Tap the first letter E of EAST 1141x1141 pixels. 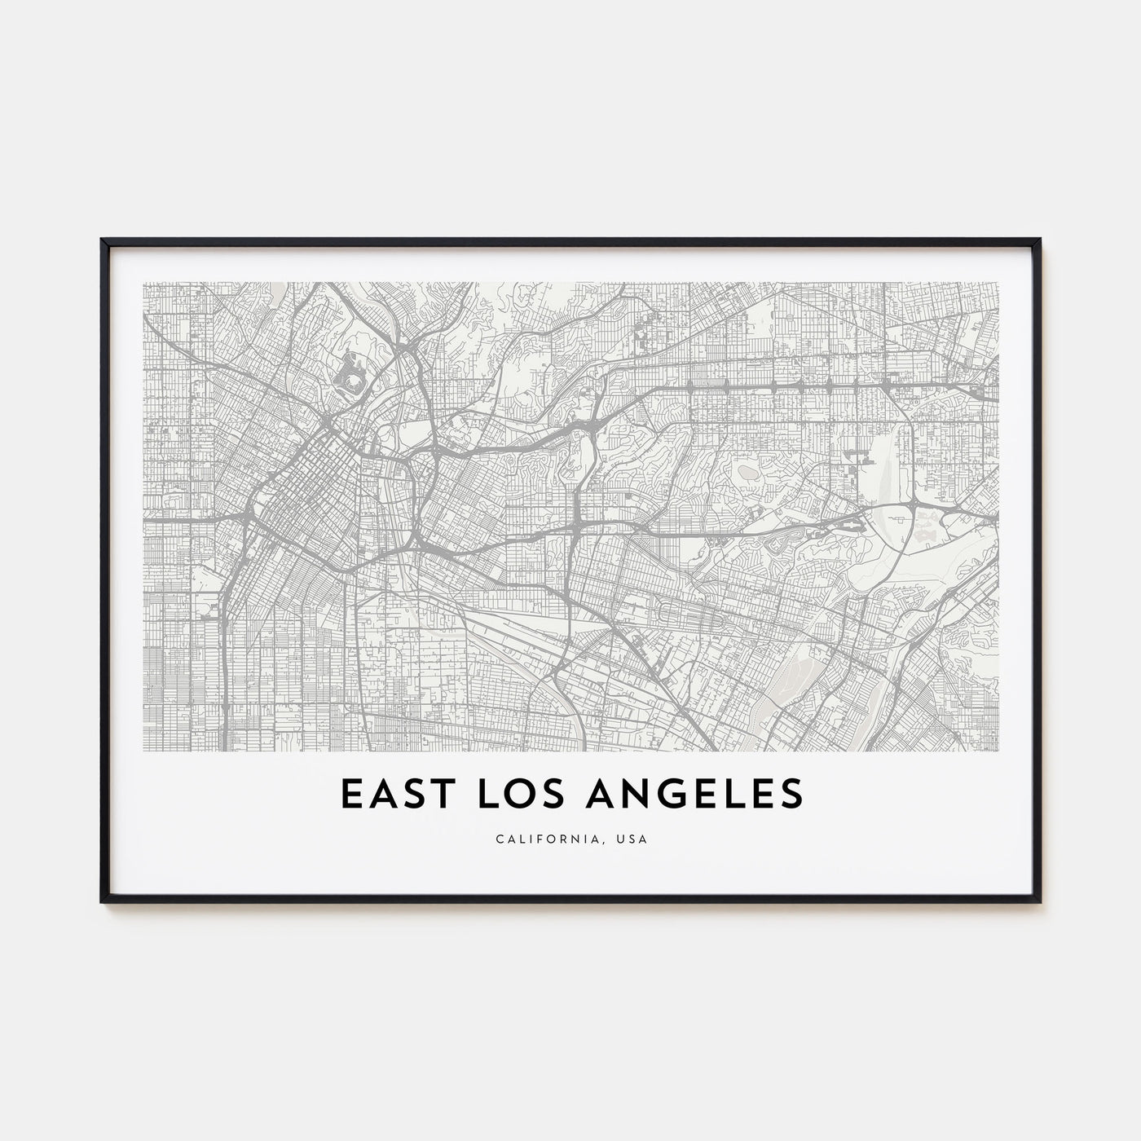click(348, 794)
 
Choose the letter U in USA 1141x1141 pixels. click(621, 839)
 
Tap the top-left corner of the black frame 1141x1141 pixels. click(102, 240)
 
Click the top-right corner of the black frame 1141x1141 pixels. click(1040, 240)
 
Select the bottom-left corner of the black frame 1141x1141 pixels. click(102, 901)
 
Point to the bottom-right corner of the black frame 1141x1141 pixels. click(1040, 901)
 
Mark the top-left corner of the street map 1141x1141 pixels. click(143, 283)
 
